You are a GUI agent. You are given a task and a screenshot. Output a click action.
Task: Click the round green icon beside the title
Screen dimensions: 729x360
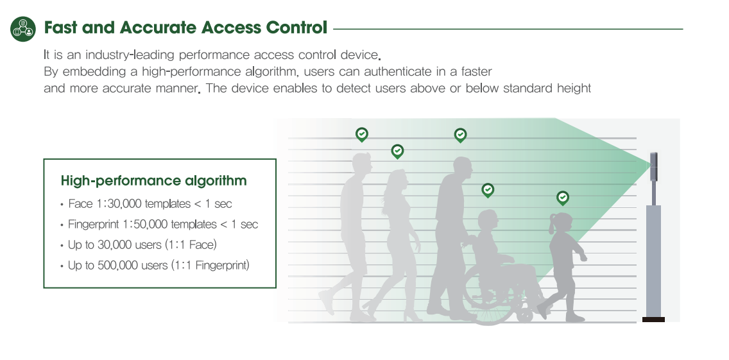pos(23,29)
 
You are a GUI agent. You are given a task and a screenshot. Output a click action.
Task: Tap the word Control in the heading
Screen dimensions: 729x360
pos(296,28)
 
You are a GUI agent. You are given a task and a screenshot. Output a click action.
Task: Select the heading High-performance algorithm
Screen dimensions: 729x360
pos(153,180)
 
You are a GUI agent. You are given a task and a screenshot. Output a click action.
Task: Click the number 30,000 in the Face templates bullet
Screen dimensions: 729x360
pos(124,203)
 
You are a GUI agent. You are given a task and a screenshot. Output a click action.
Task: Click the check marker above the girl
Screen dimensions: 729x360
pos(563,198)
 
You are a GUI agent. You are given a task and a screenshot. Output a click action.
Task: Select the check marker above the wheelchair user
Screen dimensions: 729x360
pos(488,190)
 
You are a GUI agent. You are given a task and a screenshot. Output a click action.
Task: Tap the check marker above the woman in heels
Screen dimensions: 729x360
pos(397,151)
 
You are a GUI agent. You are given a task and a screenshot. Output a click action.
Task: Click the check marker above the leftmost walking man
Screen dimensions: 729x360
pos(362,135)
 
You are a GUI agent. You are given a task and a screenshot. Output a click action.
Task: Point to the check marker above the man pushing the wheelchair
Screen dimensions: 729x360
pos(460,135)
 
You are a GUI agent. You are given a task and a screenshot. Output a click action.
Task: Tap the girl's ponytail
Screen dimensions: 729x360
pos(553,225)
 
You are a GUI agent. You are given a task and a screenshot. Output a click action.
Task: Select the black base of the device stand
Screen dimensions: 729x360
pos(653,320)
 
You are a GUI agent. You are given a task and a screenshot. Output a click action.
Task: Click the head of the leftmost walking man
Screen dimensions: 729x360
pos(362,164)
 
